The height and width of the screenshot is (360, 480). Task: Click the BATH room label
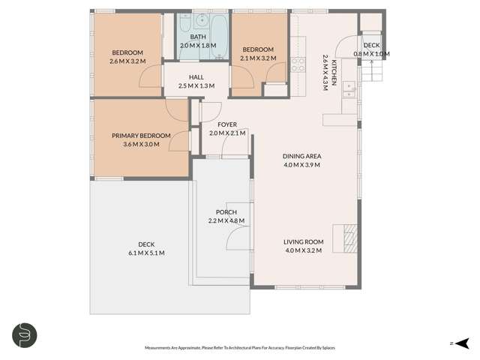click(x=198, y=37)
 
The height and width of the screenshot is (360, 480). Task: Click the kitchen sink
click(x=349, y=89)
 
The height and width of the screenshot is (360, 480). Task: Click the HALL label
click(x=196, y=77)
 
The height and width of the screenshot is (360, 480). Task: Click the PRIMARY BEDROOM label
click(x=141, y=135)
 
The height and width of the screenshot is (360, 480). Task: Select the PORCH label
click(x=226, y=212)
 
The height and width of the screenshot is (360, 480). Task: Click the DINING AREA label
click(x=301, y=156)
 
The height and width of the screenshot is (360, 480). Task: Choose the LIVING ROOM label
click(x=303, y=241)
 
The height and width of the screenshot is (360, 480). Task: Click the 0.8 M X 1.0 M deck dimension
click(x=371, y=54)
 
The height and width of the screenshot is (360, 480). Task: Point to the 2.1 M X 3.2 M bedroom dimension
click(x=257, y=58)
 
